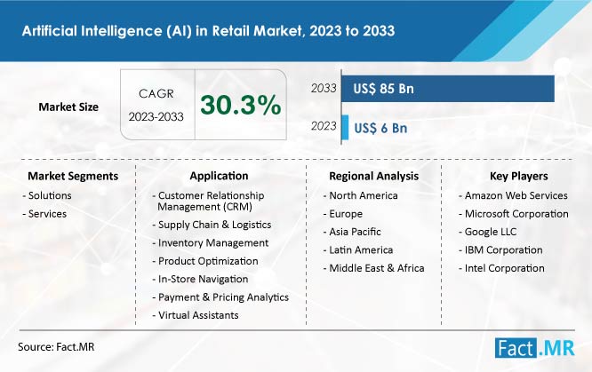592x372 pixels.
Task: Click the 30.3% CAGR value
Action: click(241, 105)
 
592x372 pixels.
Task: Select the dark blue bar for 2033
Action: click(448, 89)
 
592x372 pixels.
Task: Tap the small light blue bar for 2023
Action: click(345, 128)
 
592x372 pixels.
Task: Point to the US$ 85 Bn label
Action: click(383, 89)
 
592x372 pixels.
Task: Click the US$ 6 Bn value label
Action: click(380, 128)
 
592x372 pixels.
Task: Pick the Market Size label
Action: click(68, 107)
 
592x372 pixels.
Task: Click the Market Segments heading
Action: click(73, 176)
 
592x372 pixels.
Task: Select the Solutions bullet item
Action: click(47, 195)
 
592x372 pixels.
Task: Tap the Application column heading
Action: click(219, 176)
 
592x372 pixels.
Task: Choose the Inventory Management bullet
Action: click(211, 243)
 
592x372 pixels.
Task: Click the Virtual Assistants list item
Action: click(196, 315)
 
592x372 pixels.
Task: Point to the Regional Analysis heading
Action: click(373, 176)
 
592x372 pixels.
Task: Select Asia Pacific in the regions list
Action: click(352, 232)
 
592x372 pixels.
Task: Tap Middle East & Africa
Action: click(373, 268)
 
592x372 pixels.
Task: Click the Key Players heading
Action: click(519, 176)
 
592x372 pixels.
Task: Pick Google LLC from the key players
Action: click(487, 232)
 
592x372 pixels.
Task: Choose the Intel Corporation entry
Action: click(501, 268)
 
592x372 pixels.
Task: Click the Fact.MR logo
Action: click(534, 347)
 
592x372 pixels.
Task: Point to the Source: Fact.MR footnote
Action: click(56, 347)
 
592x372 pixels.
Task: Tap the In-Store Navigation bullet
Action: click(200, 279)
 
